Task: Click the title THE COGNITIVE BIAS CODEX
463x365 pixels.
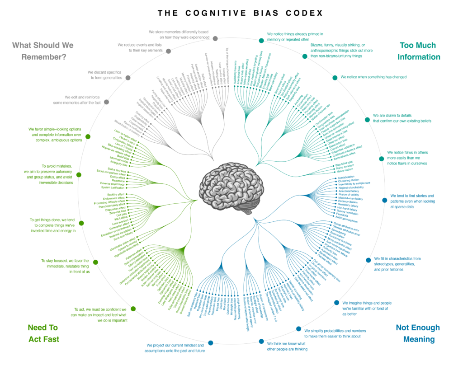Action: [x=240, y=13]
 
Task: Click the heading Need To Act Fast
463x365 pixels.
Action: [x=43, y=333]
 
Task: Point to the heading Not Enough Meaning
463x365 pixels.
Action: [x=418, y=333]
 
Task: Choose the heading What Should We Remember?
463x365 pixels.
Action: [x=43, y=51]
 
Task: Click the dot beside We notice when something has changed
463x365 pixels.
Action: [x=335, y=78]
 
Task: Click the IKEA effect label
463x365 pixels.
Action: [x=119, y=218]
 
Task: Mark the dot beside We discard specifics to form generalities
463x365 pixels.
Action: [x=128, y=78]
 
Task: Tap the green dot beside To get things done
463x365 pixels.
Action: [x=82, y=223]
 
